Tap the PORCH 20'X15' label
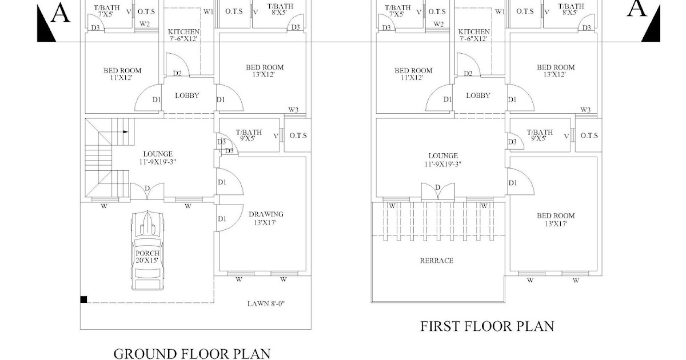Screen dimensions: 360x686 click(x=147, y=257)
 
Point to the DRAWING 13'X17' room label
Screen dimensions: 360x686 click(x=266, y=218)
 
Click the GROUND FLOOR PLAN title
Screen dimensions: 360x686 click(x=192, y=354)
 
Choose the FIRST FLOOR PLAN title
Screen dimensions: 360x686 click(x=487, y=326)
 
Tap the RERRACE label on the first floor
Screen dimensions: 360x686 click(x=436, y=261)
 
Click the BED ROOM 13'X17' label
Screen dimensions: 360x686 click(x=556, y=219)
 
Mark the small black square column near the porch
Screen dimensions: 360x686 click(x=83, y=299)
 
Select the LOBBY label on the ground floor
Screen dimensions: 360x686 click(x=187, y=95)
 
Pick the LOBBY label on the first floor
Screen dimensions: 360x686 click(x=478, y=95)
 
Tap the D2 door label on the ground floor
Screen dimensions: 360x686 click(x=177, y=73)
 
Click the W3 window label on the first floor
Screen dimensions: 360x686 click(x=585, y=110)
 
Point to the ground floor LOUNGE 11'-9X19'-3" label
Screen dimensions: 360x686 click(x=158, y=158)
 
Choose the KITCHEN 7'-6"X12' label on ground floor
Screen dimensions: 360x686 click(x=184, y=35)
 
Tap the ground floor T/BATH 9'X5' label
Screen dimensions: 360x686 click(x=249, y=135)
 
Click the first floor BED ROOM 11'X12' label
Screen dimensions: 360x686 click(x=413, y=74)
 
